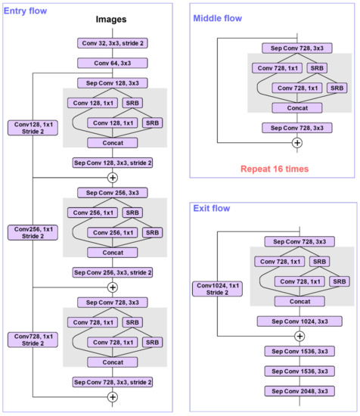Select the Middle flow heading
[219, 17]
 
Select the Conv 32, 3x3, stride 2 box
[112, 45]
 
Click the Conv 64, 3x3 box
[112, 64]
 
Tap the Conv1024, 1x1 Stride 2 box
[217, 289]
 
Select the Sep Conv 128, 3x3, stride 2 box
[112, 162]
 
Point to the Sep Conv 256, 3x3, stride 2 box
[112, 272]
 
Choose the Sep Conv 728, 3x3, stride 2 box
[112, 381]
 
